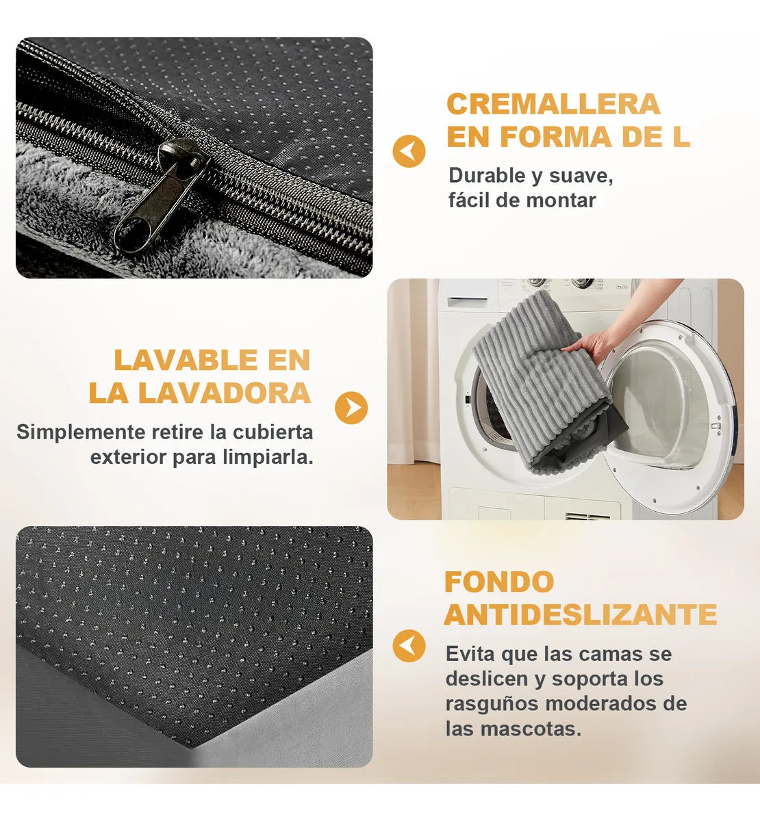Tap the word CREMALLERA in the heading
click(553, 105)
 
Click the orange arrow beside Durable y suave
click(409, 151)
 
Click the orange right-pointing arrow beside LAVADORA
click(351, 408)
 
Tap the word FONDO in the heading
click(499, 582)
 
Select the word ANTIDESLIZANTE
click(581, 615)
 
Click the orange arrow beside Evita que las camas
click(409, 645)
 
